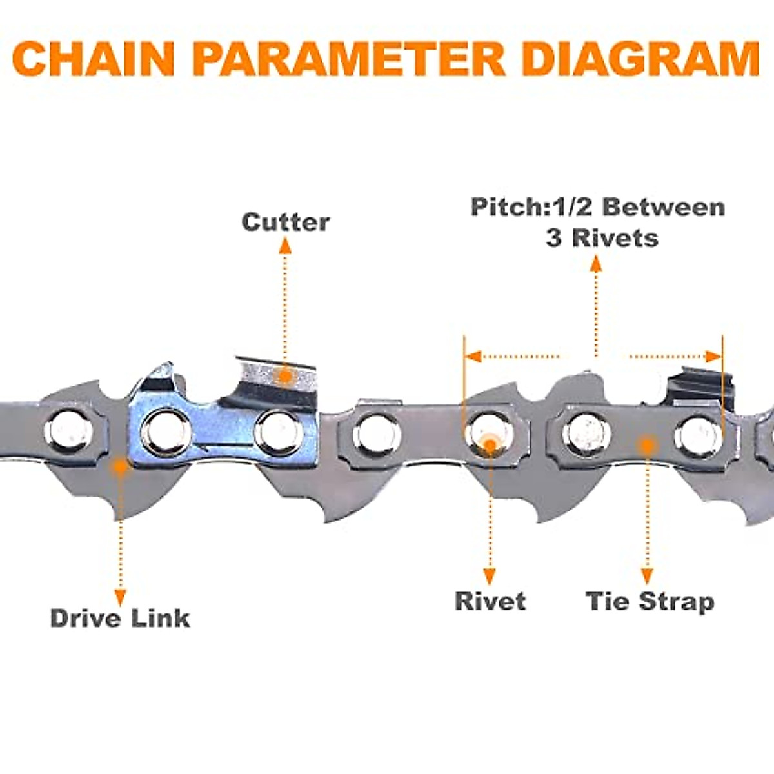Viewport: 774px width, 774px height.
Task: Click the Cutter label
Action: coord(285,222)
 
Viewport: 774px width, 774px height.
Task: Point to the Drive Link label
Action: coord(120,618)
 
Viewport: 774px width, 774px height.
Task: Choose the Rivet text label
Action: coord(490,601)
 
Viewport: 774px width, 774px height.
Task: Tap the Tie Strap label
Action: coord(650,601)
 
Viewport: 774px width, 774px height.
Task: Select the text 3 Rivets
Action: coord(601,238)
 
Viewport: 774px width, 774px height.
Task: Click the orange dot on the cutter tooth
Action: coord(284,376)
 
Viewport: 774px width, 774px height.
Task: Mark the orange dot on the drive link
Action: coord(119,467)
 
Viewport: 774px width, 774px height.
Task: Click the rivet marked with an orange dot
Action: coord(490,433)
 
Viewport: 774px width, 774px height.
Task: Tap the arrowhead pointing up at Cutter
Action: coord(284,245)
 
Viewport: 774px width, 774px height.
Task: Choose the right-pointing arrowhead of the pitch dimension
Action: coord(713,356)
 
